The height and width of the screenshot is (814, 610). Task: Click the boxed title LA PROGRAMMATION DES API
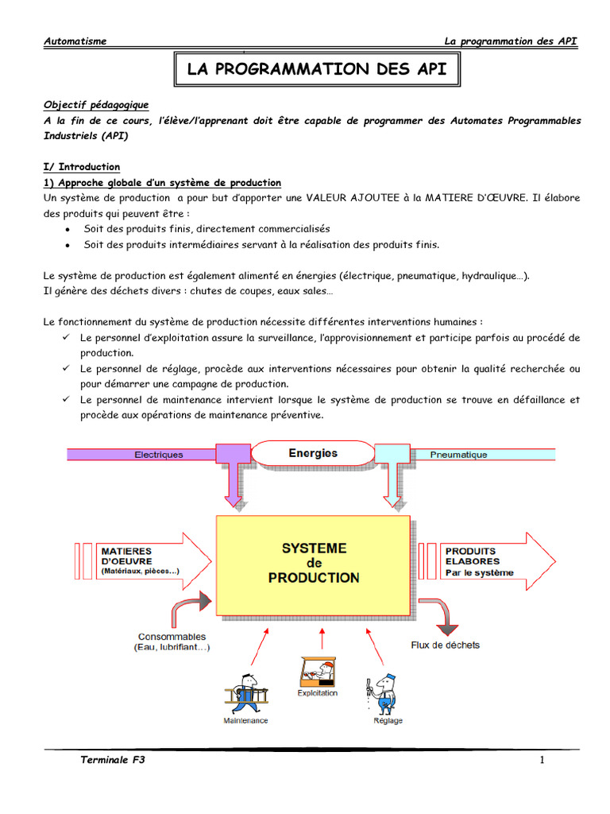316,70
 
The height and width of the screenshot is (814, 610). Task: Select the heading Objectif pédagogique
95,105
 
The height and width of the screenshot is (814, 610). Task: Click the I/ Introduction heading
82,167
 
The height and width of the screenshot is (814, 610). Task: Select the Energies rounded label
313,453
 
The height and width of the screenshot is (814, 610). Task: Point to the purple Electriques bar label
159,455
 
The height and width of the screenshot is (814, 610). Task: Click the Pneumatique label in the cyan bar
458,455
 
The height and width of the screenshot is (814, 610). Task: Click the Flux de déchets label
445,645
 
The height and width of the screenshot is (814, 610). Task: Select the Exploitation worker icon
317,672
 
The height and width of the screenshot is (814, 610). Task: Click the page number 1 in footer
542,761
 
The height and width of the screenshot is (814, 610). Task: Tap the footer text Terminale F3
113,761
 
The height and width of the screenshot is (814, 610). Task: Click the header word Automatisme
75,41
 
